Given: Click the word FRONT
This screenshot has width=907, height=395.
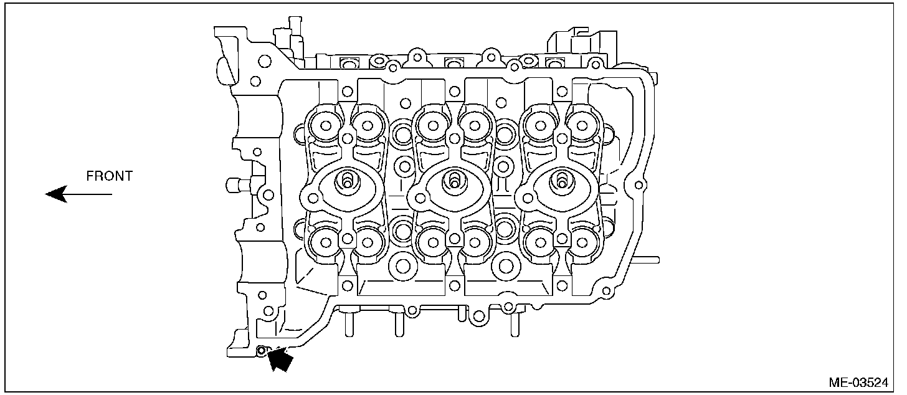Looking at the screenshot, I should [x=109, y=176].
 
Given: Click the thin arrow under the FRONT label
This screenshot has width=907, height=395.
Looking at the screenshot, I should [x=78, y=194].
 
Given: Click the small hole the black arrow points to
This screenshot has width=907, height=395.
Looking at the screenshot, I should [x=262, y=350].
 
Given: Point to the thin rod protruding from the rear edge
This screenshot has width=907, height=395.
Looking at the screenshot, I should [x=648, y=257].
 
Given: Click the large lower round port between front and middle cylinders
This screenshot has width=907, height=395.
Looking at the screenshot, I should [x=402, y=267].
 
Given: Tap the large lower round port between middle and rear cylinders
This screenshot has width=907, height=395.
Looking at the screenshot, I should [x=505, y=267].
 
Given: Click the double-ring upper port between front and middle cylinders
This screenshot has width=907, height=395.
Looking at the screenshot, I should [x=402, y=132].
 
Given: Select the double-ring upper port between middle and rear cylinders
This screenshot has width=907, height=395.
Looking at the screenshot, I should [x=505, y=132].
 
